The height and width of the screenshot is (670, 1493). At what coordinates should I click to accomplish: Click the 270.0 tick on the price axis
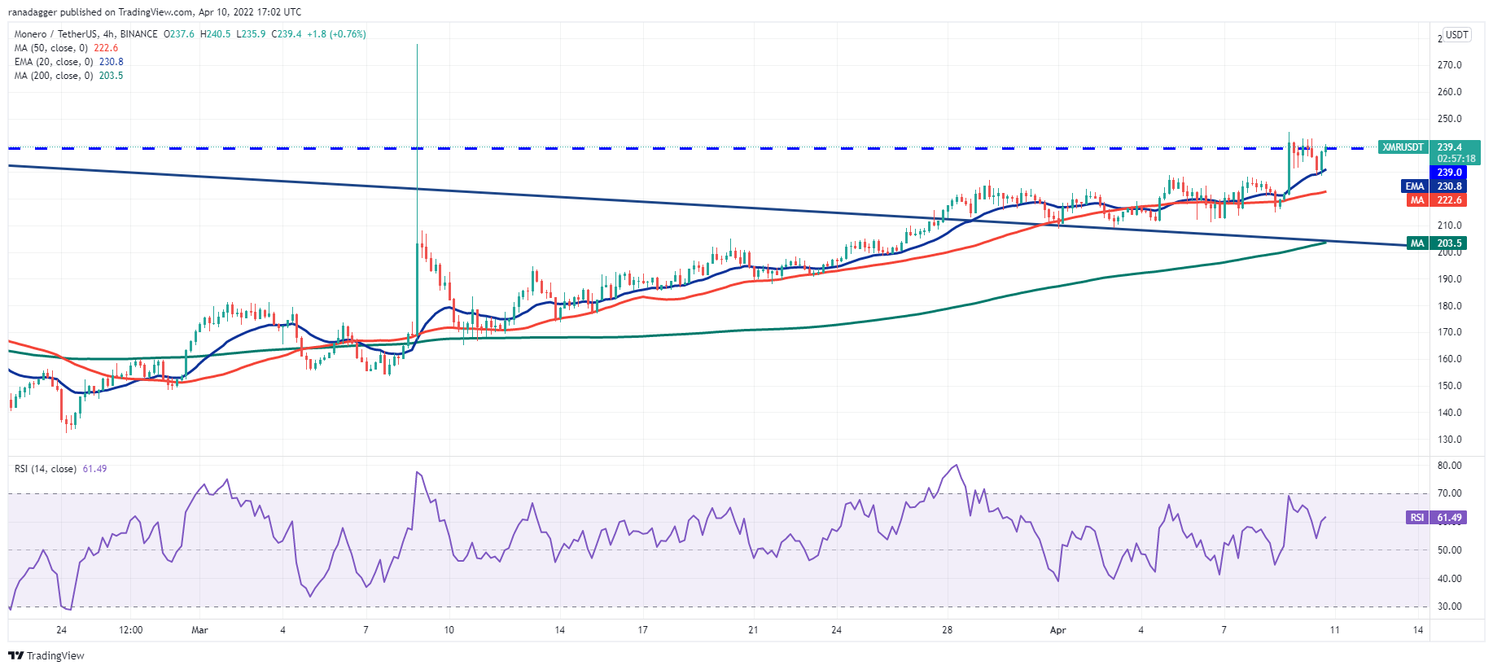[x=1449, y=65]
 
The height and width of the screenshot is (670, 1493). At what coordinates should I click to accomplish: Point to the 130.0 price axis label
[x=1449, y=440]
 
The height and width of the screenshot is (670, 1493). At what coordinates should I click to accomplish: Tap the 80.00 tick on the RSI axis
[x=1450, y=466]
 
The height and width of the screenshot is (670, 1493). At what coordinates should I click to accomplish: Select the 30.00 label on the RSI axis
[x=1450, y=607]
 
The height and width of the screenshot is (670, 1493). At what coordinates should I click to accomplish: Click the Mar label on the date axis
[x=199, y=630]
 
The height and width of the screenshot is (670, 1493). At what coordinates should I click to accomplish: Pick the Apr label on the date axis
[x=1057, y=630]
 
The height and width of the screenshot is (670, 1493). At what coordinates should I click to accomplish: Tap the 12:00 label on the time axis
[x=130, y=630]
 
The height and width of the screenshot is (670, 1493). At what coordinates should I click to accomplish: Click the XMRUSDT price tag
[x=1403, y=147]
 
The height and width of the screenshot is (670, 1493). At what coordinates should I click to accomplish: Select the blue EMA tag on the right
[x=1415, y=186]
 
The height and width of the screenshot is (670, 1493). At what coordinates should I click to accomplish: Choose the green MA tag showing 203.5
[x=1417, y=243]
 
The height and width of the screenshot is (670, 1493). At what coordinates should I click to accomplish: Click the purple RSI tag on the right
[x=1417, y=518]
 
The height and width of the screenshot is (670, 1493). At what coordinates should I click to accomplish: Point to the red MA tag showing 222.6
[x=1417, y=200]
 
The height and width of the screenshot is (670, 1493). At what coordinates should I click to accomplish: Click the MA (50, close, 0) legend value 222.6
[x=106, y=48]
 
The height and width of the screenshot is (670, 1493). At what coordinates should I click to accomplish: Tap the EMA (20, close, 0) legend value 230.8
[x=112, y=62]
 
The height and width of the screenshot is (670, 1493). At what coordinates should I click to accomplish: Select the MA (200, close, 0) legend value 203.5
[x=111, y=76]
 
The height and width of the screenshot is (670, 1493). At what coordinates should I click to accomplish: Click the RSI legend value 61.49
[x=94, y=469]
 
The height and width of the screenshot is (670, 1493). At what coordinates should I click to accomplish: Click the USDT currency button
[x=1456, y=35]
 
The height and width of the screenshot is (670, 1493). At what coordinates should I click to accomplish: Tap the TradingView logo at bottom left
[x=46, y=655]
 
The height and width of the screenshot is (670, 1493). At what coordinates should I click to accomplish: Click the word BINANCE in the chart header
[x=138, y=34]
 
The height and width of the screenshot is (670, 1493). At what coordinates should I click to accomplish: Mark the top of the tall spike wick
[x=417, y=45]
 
